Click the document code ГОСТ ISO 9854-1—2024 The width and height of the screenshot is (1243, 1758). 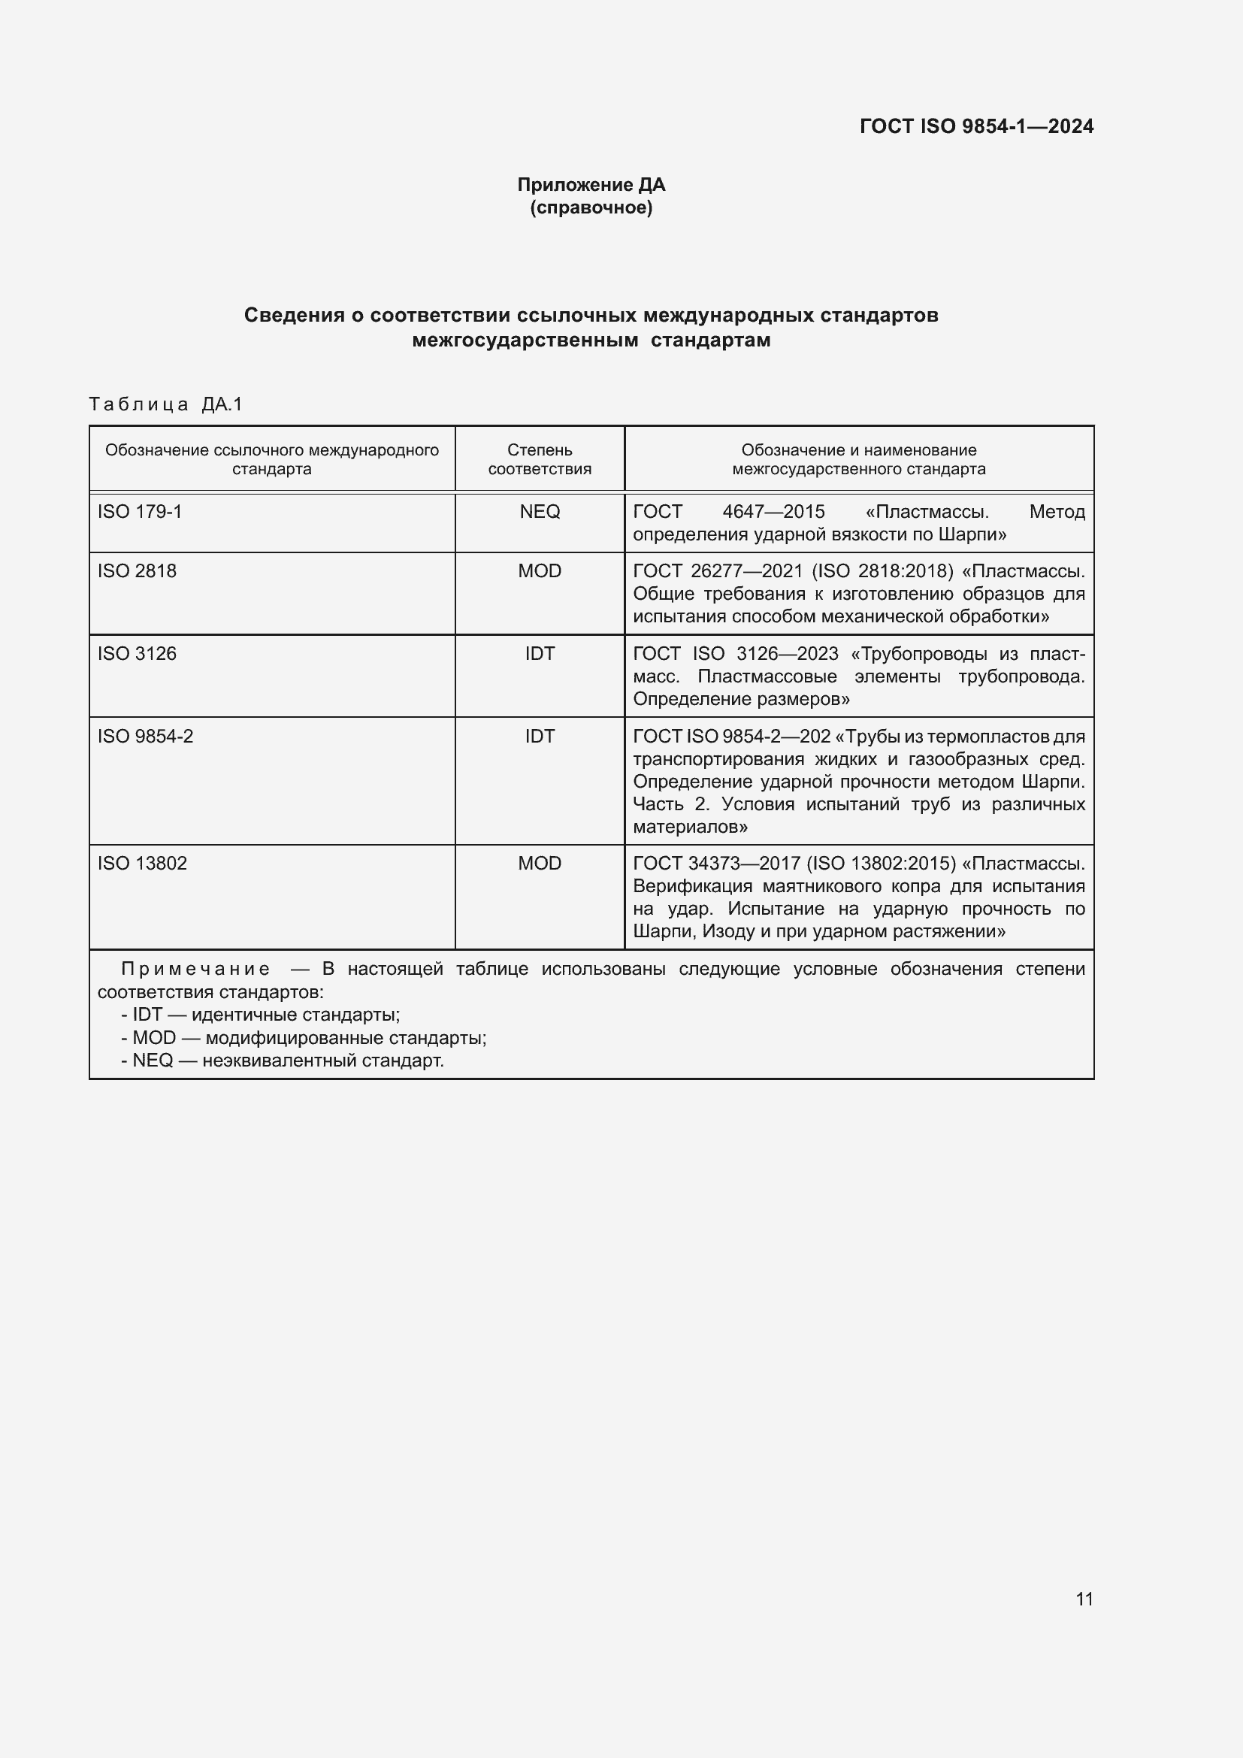click(976, 126)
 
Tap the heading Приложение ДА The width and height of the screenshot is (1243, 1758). click(591, 185)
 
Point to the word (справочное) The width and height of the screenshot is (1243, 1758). click(591, 207)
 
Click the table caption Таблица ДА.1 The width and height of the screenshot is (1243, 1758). click(165, 404)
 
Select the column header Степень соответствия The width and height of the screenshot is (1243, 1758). click(540, 459)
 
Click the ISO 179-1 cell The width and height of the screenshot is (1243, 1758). click(140, 512)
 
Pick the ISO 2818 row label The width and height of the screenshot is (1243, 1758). click(137, 571)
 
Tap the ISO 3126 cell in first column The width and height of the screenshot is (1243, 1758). click(137, 654)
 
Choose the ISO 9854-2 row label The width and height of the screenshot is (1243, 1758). click(146, 737)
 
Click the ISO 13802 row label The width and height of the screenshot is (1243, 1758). click(142, 864)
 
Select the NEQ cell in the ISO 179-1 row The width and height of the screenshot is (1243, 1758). click(540, 512)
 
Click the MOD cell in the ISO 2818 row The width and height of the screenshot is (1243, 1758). click(540, 571)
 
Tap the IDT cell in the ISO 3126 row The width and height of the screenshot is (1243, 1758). click(540, 654)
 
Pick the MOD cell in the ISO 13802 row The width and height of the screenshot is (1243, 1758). click(540, 864)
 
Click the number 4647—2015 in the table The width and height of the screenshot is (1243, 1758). click(773, 512)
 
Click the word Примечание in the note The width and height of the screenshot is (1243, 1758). click(195, 970)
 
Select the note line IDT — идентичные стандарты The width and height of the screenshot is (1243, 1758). click(260, 1015)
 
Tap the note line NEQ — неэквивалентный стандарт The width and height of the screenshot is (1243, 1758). click(283, 1061)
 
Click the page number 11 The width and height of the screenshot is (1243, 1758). click(1084, 1599)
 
